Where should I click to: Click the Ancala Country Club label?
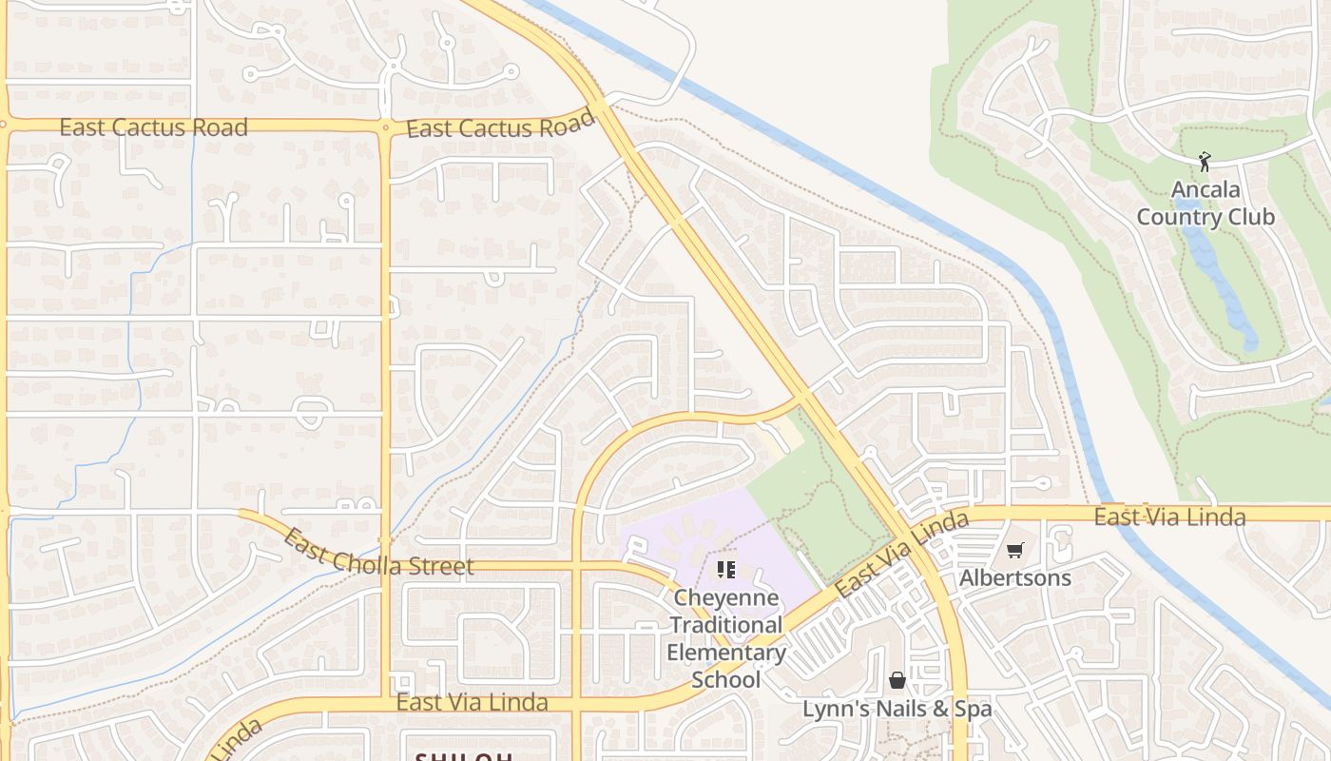click(1206, 204)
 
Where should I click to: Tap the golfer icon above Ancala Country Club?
click(1206, 162)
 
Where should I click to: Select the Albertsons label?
click(1015, 577)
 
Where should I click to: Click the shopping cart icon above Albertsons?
click(1015, 550)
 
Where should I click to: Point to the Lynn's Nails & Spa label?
click(897, 709)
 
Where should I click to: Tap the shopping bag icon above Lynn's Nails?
click(897, 680)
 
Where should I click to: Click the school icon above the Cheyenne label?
click(726, 570)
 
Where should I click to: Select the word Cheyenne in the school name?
click(726, 598)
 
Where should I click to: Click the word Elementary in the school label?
click(726, 653)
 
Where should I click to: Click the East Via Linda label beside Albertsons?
click(1169, 517)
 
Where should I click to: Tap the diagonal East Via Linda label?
click(902, 554)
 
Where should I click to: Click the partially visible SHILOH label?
click(464, 757)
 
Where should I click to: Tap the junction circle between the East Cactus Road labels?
click(385, 126)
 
